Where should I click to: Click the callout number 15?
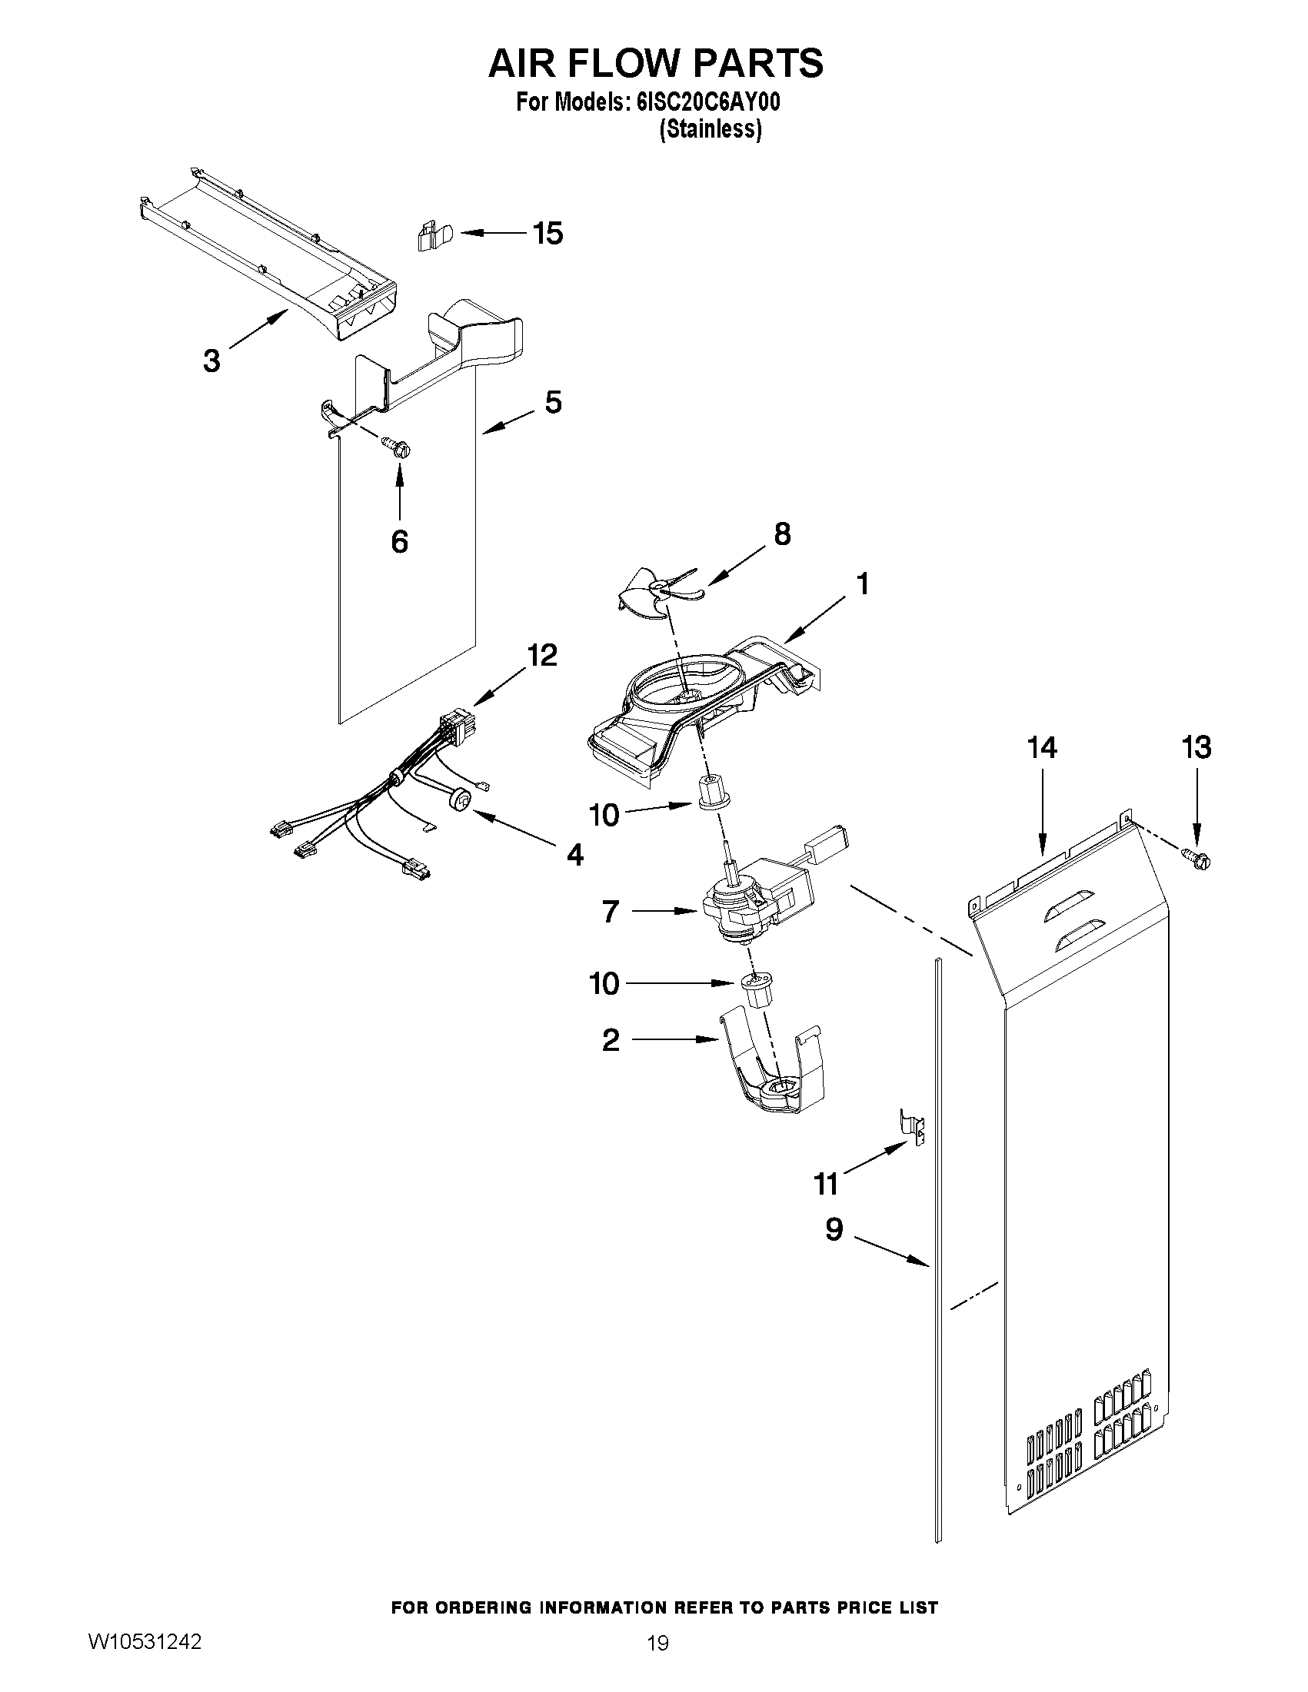tap(547, 233)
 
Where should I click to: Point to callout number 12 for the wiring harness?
tap(541, 656)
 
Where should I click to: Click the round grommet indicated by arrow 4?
tap(460, 799)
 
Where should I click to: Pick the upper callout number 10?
tap(604, 814)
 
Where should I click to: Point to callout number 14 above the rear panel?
tap(1041, 748)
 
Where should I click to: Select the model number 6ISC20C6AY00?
tap(707, 104)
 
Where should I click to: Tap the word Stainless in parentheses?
tap(710, 129)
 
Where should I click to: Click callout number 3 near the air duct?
tap(211, 361)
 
